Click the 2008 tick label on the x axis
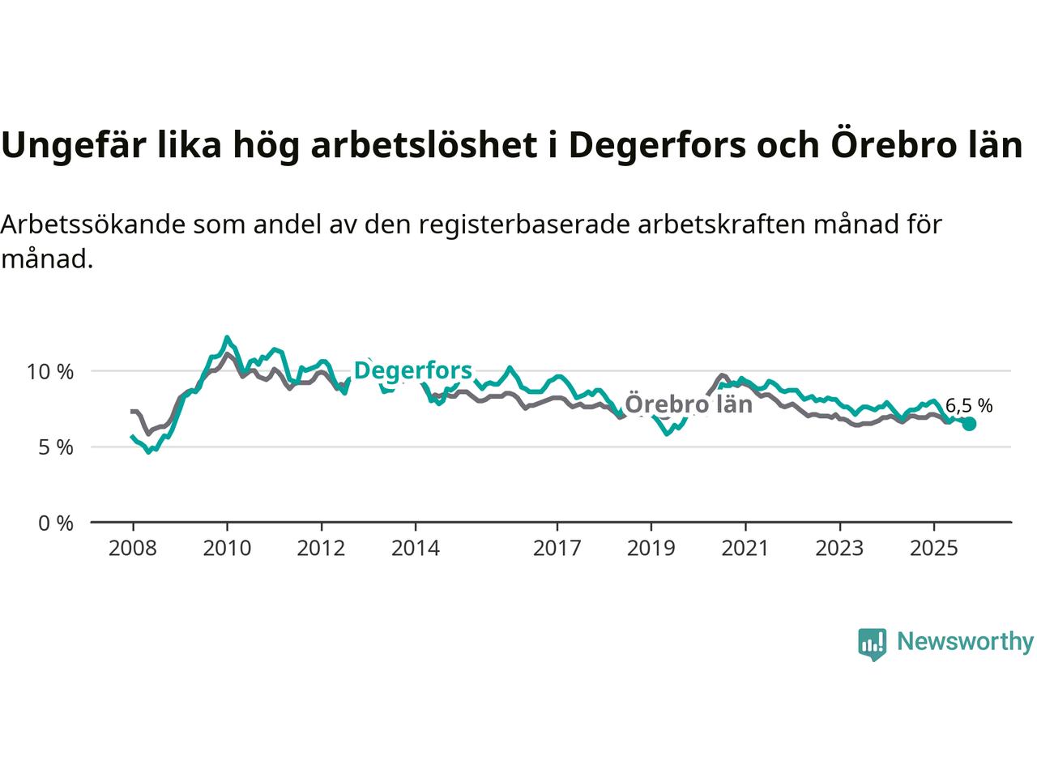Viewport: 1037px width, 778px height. point(132,549)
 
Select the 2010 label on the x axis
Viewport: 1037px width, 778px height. point(227,549)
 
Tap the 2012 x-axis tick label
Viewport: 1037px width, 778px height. point(321,549)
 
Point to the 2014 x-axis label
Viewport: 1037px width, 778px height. point(415,549)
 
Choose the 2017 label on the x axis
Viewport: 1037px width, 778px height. point(557,549)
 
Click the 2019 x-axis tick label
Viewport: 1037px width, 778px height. point(651,549)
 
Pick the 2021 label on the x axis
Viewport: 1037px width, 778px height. point(745,549)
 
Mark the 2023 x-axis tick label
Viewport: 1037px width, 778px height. point(839,549)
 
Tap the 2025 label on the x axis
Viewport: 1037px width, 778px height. point(933,549)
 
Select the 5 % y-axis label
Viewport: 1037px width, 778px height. point(55,447)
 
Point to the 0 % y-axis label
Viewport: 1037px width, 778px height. point(55,524)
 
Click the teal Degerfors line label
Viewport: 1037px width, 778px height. point(413,371)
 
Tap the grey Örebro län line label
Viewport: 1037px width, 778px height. point(689,404)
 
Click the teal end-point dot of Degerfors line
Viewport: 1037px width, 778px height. point(969,424)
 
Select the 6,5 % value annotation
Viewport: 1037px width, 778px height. point(969,406)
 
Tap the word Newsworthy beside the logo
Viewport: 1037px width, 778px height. point(965,642)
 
